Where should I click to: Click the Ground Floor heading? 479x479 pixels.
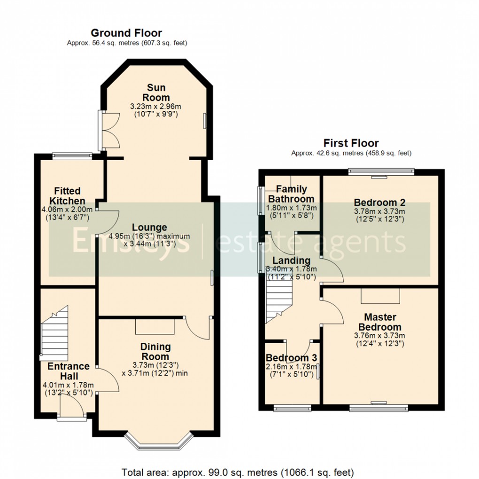coord(126,33)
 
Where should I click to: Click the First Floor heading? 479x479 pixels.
coord(351,143)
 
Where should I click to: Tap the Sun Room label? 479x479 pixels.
coord(156,93)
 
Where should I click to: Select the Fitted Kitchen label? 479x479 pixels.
coord(67,196)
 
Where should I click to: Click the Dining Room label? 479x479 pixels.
coord(155,352)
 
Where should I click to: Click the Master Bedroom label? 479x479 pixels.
coord(379,322)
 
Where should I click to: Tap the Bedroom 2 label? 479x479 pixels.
coord(379,202)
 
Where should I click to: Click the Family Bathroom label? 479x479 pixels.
coord(291,194)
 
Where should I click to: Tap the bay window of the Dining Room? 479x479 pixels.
coord(160,440)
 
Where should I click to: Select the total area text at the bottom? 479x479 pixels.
coord(238,472)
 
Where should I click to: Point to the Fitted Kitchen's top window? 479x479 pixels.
coord(72,156)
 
